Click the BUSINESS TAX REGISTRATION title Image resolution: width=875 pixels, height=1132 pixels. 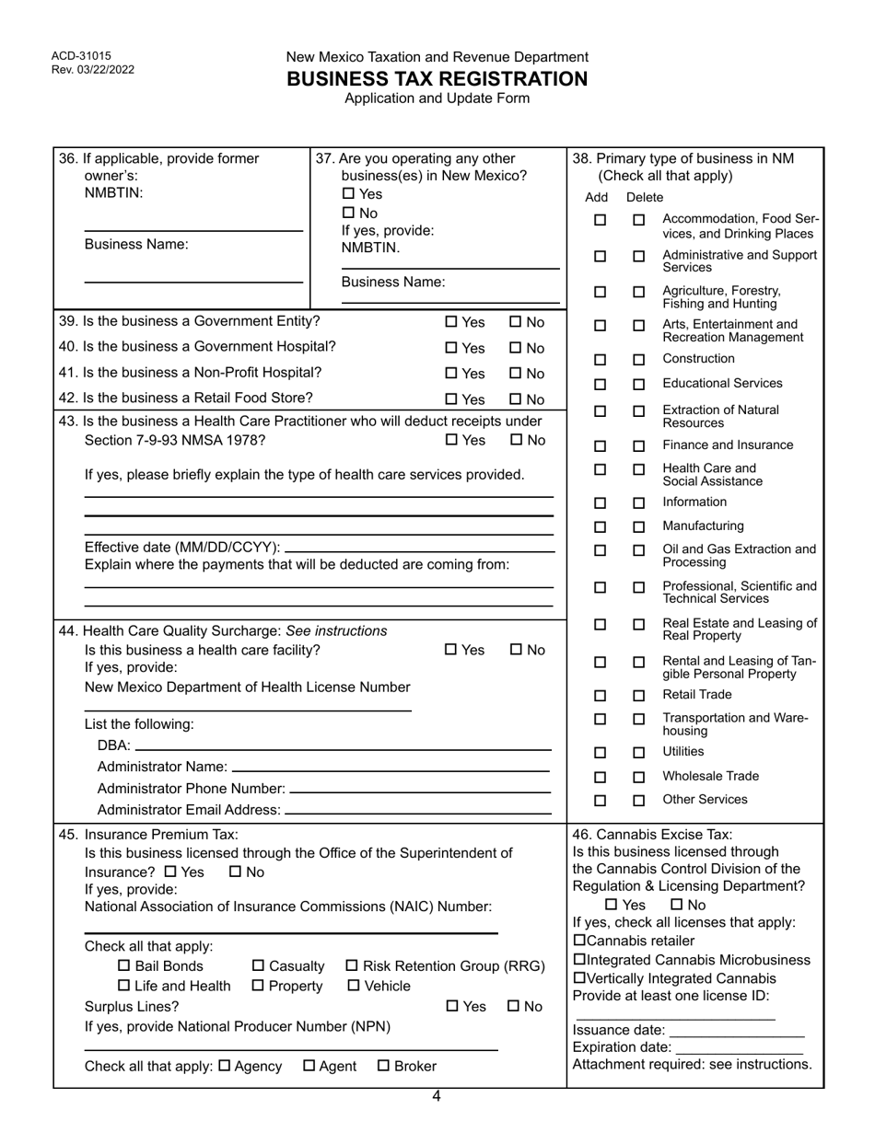(437, 79)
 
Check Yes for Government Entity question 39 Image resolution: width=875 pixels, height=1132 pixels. (451, 322)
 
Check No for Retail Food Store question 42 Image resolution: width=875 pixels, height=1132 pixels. (516, 399)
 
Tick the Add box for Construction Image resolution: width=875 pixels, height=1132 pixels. (600, 360)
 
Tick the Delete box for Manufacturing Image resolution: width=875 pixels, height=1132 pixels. (639, 527)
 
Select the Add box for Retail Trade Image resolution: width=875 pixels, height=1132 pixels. (600, 696)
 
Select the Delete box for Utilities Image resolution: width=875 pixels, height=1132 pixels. (639, 753)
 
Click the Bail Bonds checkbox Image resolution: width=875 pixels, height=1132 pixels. (125, 966)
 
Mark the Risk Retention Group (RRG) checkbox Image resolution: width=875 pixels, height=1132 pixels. (352, 966)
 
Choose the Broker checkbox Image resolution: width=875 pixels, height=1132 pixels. (385, 1067)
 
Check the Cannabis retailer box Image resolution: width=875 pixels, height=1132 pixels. (578, 941)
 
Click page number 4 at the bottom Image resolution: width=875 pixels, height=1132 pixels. (437, 1096)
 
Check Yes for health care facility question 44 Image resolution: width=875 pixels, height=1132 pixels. (451, 650)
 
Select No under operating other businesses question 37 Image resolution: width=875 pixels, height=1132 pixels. (348, 214)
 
